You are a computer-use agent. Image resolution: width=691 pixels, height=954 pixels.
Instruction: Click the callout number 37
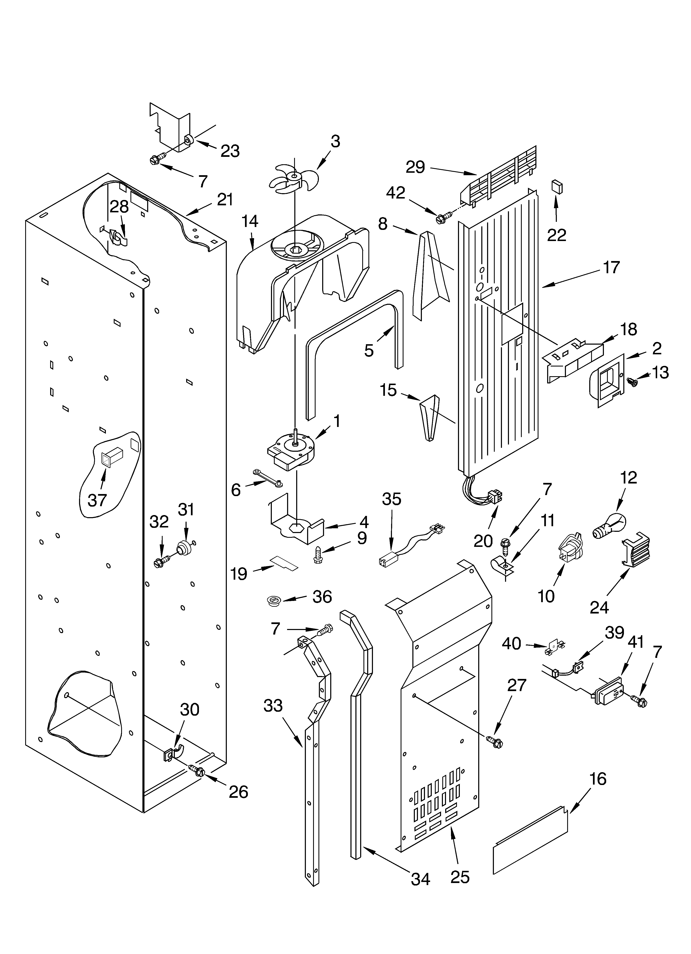point(97,500)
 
